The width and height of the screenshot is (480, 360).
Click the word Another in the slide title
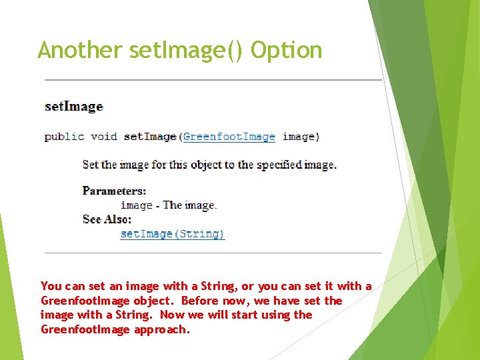click(x=80, y=50)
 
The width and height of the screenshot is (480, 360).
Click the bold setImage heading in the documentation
click(x=73, y=107)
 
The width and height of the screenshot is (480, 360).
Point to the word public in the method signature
click(x=64, y=137)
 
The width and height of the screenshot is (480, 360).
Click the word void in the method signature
click(x=103, y=137)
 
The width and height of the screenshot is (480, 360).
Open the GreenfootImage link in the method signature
click(x=229, y=137)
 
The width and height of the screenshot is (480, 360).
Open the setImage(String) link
click(x=173, y=234)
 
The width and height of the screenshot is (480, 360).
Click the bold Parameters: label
click(x=114, y=191)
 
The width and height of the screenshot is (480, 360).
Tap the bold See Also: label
click(x=107, y=219)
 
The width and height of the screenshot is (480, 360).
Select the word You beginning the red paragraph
click(x=51, y=287)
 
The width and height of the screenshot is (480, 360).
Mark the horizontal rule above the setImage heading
click(x=213, y=80)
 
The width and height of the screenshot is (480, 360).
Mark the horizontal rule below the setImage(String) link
click(x=213, y=253)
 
